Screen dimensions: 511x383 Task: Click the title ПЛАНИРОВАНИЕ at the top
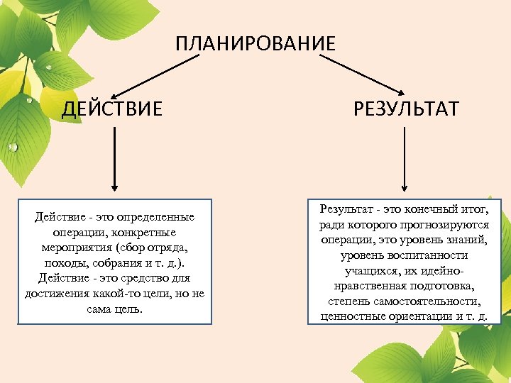255,43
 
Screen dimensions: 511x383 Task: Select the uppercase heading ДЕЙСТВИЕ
112,109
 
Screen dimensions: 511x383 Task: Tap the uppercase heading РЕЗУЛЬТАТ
406,109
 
